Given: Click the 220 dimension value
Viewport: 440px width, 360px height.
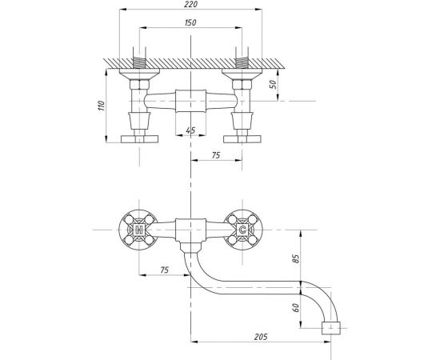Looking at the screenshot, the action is click(x=191, y=4).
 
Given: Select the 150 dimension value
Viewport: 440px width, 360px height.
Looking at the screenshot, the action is click(x=190, y=22).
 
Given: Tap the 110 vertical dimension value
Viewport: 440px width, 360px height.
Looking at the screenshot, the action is click(x=102, y=106).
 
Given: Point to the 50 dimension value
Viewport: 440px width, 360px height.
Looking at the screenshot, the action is click(x=273, y=84).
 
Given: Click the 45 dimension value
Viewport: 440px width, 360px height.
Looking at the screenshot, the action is click(x=190, y=130).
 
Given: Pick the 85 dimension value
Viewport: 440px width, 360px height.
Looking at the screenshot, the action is click(x=296, y=258).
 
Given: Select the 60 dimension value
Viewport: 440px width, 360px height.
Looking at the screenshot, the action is click(x=296, y=307).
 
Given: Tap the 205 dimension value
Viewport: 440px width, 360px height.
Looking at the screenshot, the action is click(x=261, y=337).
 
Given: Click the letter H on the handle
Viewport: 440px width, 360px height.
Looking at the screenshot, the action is click(x=139, y=230).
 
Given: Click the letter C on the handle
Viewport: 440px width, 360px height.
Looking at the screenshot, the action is click(x=242, y=230).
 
